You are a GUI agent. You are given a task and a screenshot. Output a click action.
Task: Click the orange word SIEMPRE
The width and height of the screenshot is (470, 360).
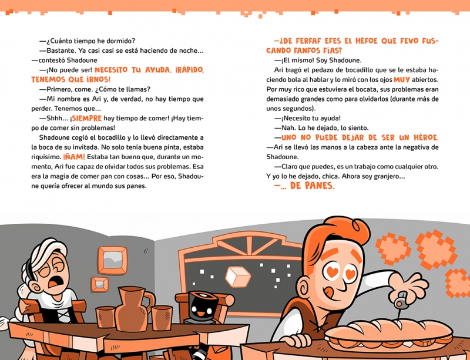[86, 119]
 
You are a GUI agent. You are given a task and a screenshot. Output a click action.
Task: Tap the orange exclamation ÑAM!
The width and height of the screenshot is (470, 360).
[74, 157]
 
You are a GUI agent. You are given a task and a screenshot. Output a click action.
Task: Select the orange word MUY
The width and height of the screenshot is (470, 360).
[402, 80]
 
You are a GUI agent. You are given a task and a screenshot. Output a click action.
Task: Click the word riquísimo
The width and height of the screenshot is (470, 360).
[46, 157]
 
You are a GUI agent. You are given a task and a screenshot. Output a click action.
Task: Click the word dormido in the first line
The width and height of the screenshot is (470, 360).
[119, 41]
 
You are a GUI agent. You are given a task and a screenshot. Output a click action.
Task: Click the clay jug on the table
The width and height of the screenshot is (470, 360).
[132, 309]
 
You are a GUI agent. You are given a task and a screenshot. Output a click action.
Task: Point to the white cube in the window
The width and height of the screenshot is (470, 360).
[238, 277]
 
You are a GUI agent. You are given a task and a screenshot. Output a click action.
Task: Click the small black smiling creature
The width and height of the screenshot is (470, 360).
[203, 307]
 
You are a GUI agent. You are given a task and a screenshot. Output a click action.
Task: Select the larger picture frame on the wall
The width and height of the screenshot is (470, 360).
[112, 261]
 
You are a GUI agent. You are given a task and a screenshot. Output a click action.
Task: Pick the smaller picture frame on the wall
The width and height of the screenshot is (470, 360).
[99, 284]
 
